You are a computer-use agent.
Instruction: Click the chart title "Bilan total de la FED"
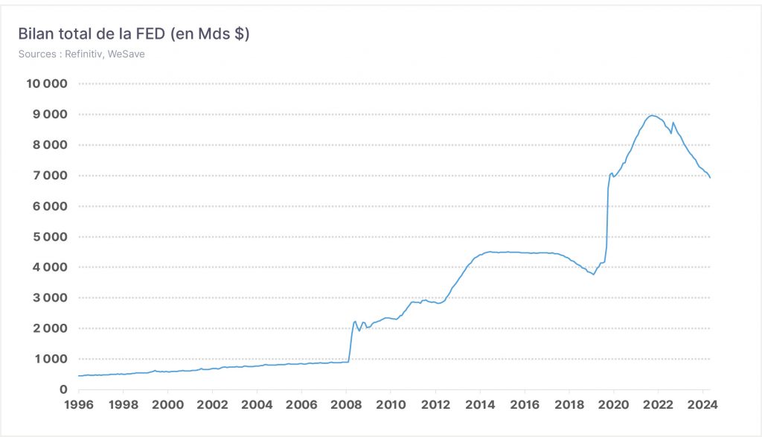pyautogui.click(x=92, y=34)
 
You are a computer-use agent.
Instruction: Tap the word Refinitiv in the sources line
pyautogui.click(x=83, y=54)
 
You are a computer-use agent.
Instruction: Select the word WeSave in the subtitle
pyautogui.click(x=127, y=54)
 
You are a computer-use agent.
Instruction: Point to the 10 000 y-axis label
pyautogui.click(x=47, y=83)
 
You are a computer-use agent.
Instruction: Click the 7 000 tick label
pyautogui.click(x=50, y=176)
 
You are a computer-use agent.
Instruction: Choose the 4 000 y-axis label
pyautogui.click(x=50, y=267)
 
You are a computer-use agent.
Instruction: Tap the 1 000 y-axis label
pyautogui.click(x=50, y=359)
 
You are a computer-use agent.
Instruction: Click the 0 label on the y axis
pyautogui.click(x=63, y=389)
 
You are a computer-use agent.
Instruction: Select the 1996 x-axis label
pyautogui.click(x=79, y=404)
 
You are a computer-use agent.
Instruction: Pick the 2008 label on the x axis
pyautogui.click(x=346, y=404)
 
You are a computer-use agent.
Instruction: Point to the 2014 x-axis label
pyautogui.click(x=480, y=404)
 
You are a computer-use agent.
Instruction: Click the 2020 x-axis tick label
pyautogui.click(x=614, y=404)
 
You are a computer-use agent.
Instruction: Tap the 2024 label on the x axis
pyautogui.click(x=702, y=404)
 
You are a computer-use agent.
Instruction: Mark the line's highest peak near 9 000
pyautogui.click(x=653, y=115)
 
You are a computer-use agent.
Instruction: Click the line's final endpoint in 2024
pyautogui.click(x=710, y=177)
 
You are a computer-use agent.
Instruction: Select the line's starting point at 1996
pyautogui.click(x=79, y=376)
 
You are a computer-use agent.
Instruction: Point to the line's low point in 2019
pyautogui.click(x=593, y=274)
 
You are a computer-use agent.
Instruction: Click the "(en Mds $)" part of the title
pyautogui.click(x=210, y=34)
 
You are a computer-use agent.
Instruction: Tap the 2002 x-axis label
pyautogui.click(x=212, y=404)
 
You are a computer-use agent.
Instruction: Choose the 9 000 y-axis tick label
pyautogui.click(x=50, y=114)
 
